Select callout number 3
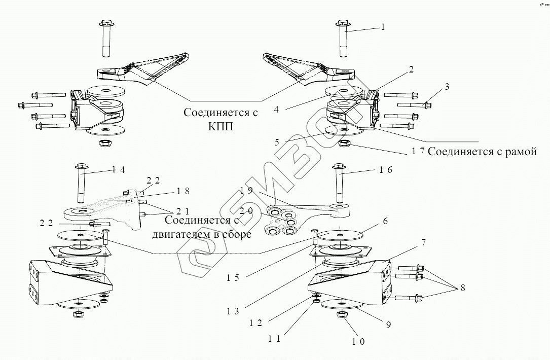pos(446,87)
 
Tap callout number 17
pos(417,151)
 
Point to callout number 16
pos(385,170)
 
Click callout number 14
pos(118,170)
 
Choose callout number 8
pos(462,288)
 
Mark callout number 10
pos(358,341)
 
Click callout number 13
pos(233,311)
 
